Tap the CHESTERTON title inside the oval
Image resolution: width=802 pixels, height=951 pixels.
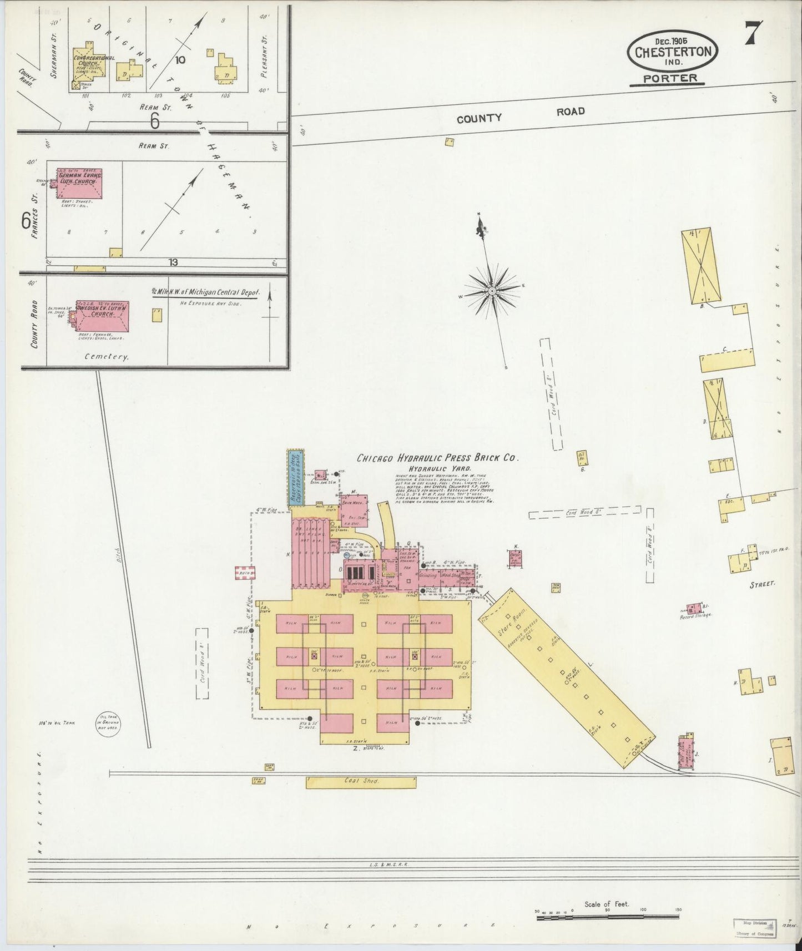(673, 52)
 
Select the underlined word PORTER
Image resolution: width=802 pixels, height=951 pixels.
(669, 78)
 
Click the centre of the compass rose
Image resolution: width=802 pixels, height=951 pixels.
(492, 290)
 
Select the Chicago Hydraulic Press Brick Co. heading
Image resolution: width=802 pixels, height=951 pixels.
(437, 458)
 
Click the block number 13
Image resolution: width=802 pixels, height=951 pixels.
(174, 262)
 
